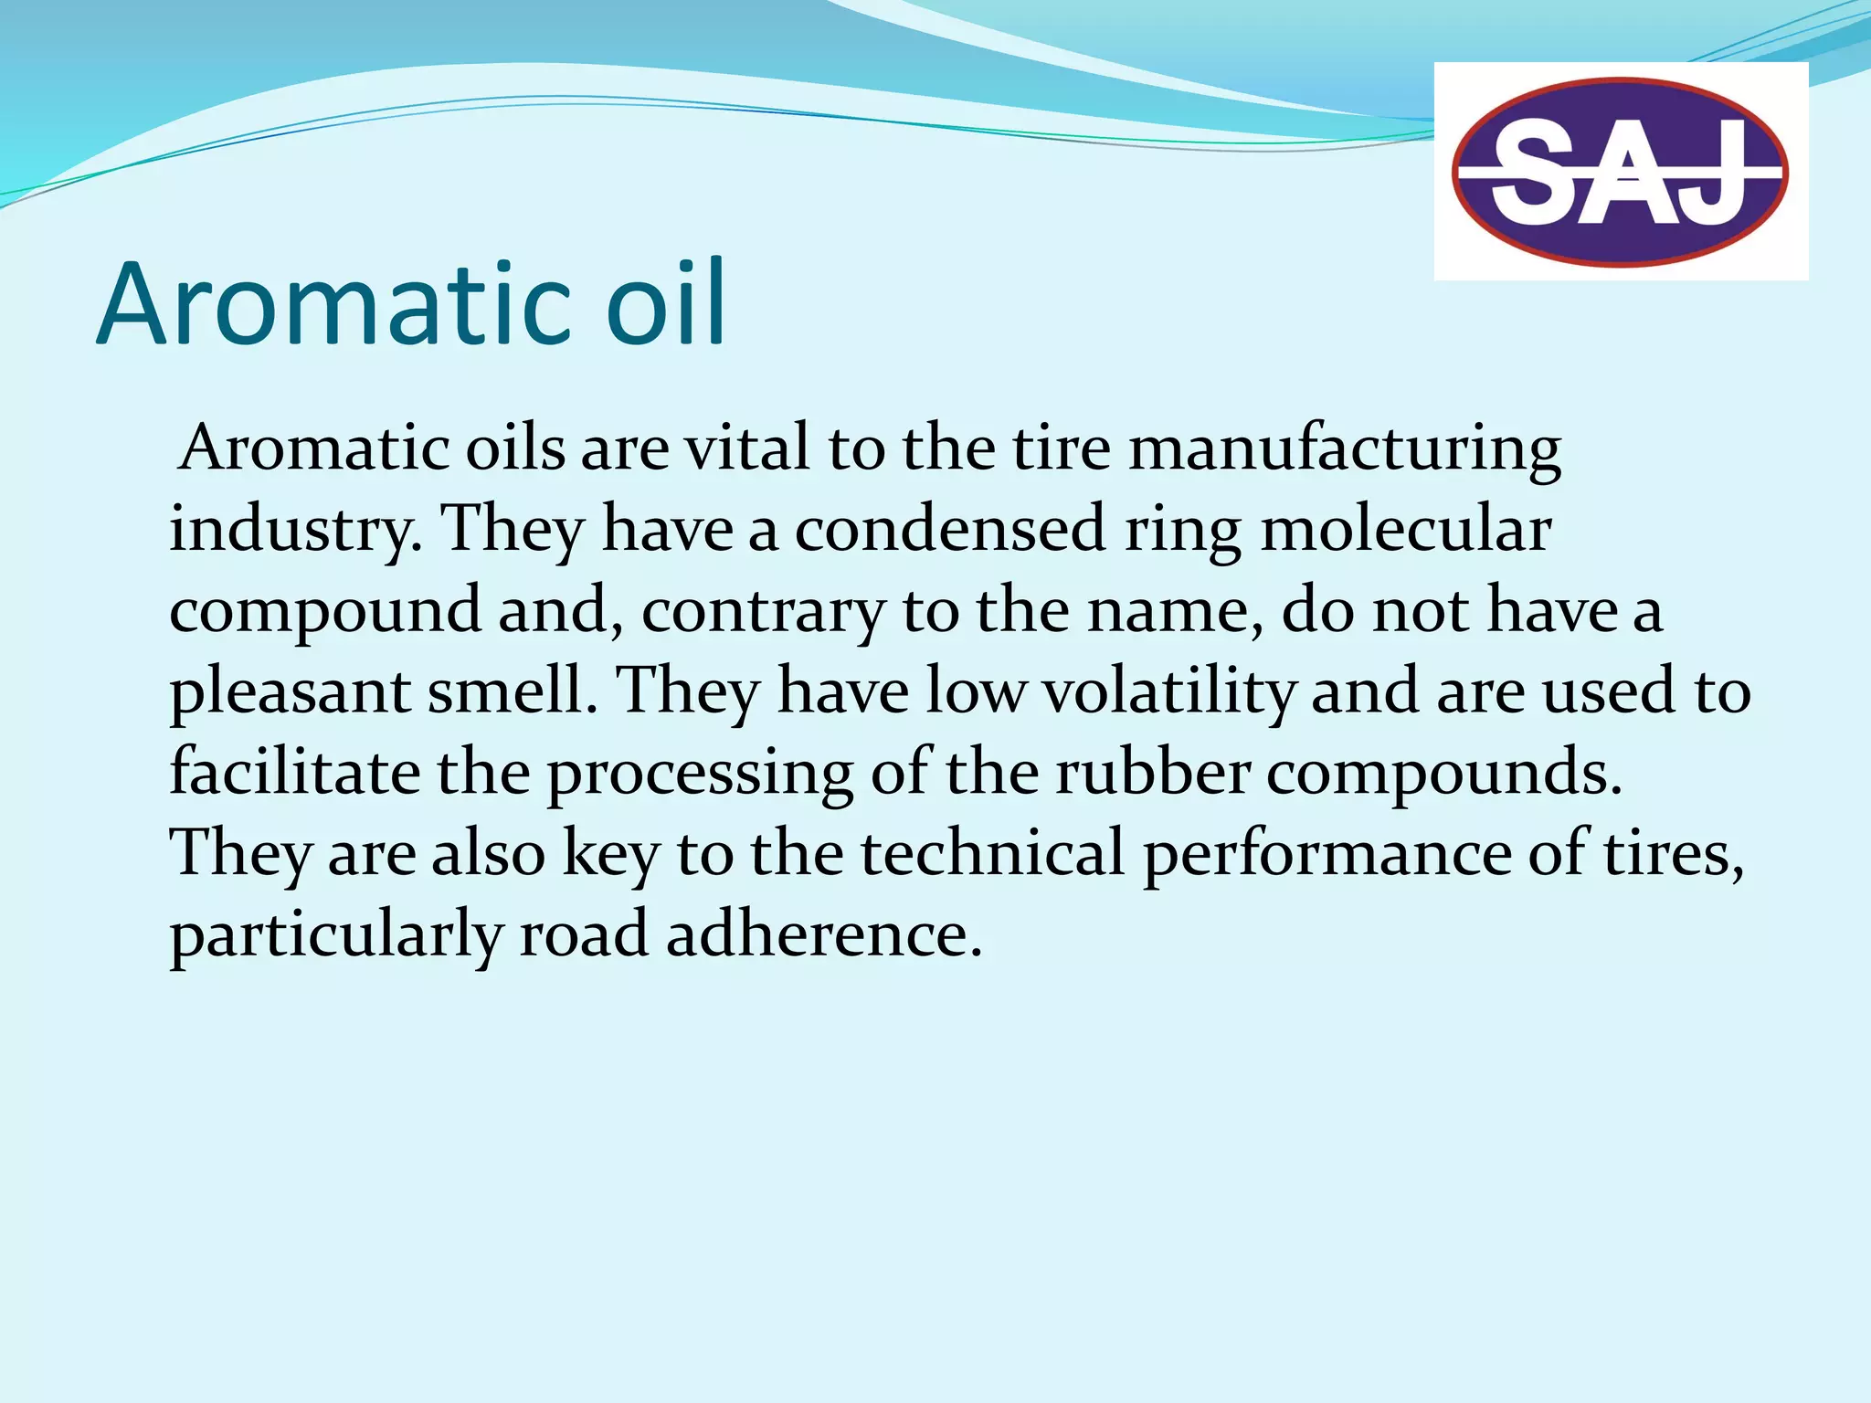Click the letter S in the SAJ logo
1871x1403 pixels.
pyautogui.click(x=1536, y=173)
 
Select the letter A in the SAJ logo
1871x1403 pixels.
pyautogui.click(x=1626, y=174)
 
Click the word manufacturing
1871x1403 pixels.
pyautogui.click(x=1345, y=450)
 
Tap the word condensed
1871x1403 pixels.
pyautogui.click(x=950, y=529)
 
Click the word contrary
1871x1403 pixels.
pyautogui.click(x=763, y=611)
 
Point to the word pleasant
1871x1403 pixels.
pyautogui.click(x=290, y=692)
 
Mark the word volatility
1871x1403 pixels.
pyautogui.click(x=1168, y=691)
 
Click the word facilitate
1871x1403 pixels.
pyautogui.click(x=295, y=772)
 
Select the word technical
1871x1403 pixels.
pyautogui.click(x=993, y=852)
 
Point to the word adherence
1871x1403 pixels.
pyautogui.click(x=824, y=934)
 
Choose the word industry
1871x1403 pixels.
pyautogui.click(x=295, y=531)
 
